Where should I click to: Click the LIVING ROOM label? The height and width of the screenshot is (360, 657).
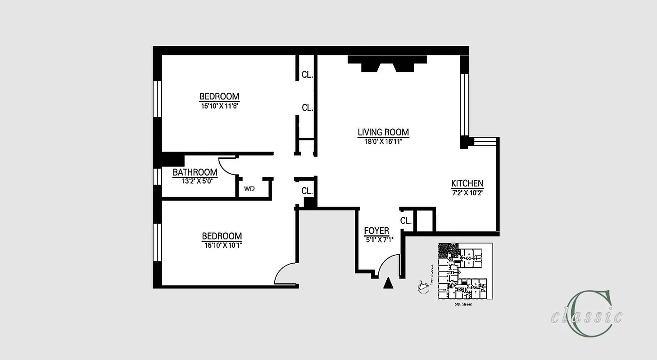pyautogui.click(x=383, y=132)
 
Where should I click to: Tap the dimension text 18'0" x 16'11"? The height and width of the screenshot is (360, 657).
pyautogui.click(x=383, y=141)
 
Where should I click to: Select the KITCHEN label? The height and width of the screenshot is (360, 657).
pyautogui.click(x=467, y=184)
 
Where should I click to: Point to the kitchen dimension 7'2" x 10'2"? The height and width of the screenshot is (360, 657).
pyautogui.click(x=467, y=192)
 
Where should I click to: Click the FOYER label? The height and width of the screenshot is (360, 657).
pyautogui.click(x=376, y=231)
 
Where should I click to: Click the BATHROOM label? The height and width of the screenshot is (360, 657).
pyautogui.click(x=195, y=172)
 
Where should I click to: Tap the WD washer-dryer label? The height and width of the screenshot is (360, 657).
pyautogui.click(x=249, y=189)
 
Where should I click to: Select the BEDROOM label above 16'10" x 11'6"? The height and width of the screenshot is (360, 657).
pyautogui.click(x=219, y=96)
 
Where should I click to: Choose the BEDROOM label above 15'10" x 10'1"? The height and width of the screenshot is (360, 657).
pyautogui.click(x=222, y=236)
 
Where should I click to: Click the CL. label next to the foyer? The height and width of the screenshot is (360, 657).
pyautogui.click(x=406, y=221)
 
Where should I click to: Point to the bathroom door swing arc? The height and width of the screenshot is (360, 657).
pyautogui.click(x=228, y=167)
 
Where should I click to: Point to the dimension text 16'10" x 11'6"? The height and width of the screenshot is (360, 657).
pyautogui.click(x=219, y=106)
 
